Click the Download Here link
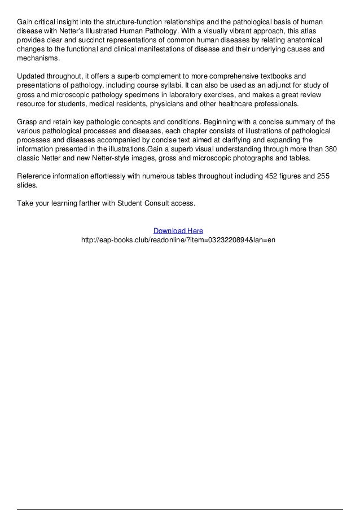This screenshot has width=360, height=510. (x=178, y=230)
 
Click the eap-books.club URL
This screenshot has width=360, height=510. (x=178, y=239)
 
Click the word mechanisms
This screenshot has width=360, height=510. (x=37, y=58)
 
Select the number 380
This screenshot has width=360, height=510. (x=332, y=149)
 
